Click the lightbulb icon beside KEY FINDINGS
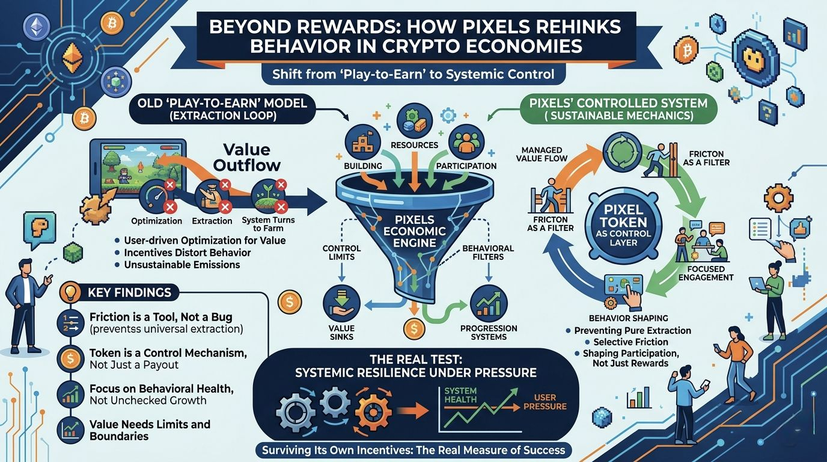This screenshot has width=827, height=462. coord(70,292)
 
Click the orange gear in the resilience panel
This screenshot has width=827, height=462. coord(374,410)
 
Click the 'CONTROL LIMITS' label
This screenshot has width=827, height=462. coord(341,252)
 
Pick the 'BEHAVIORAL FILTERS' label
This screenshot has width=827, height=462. coord(488,253)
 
